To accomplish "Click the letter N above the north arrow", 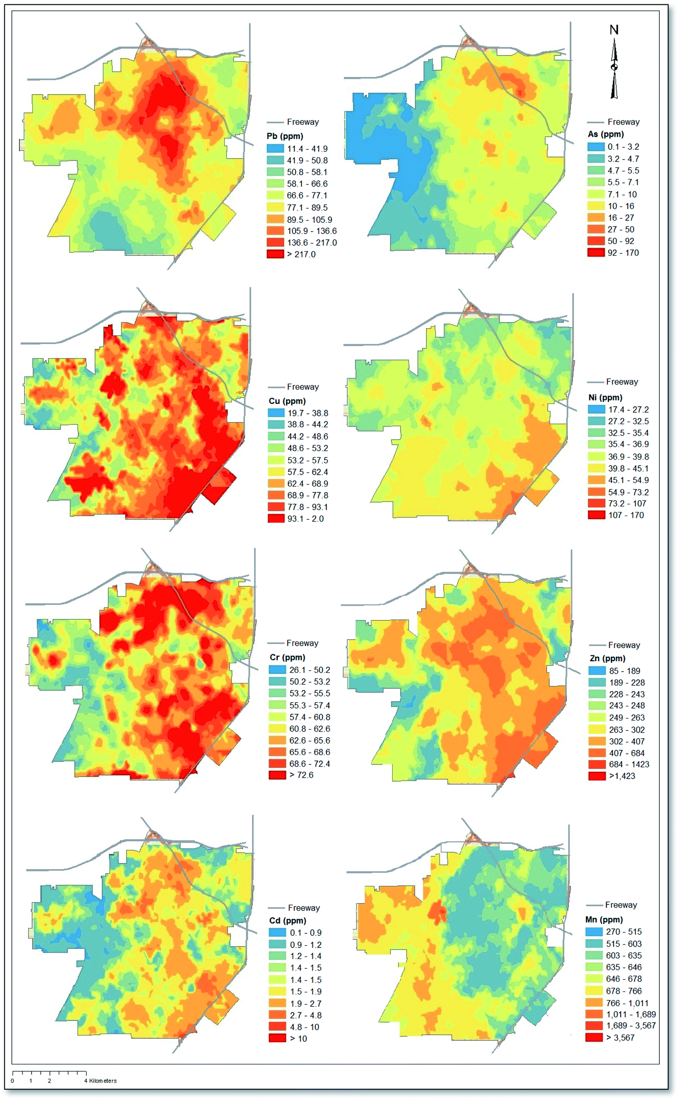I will pyautogui.click(x=614, y=30).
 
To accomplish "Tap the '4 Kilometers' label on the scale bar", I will pyautogui.click(x=100, y=1080).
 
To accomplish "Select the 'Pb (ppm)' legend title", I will pyautogui.click(x=285, y=136).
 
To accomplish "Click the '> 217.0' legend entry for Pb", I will pyautogui.click(x=301, y=254).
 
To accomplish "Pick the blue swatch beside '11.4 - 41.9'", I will pyautogui.click(x=275, y=148).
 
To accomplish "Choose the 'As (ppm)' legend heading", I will pyautogui.click(x=605, y=134).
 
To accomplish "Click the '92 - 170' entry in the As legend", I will pyautogui.click(x=623, y=253).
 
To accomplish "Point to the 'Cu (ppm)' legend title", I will pyautogui.click(x=287, y=401).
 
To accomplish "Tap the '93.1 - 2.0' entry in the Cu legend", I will pyautogui.click(x=305, y=518).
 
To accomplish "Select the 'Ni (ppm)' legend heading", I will pyautogui.click(x=605, y=397).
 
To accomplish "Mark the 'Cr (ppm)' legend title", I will pyautogui.click(x=287, y=657).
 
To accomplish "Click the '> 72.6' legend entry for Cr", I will pyautogui.click(x=301, y=775).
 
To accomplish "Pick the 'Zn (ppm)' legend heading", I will pyautogui.click(x=607, y=658).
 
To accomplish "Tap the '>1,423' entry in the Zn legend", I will pyautogui.click(x=622, y=776).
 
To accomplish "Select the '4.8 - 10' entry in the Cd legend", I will pyautogui.click(x=304, y=1026).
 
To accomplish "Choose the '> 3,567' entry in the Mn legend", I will pyautogui.click(x=620, y=1037).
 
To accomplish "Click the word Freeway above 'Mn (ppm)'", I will pyautogui.click(x=621, y=905).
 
